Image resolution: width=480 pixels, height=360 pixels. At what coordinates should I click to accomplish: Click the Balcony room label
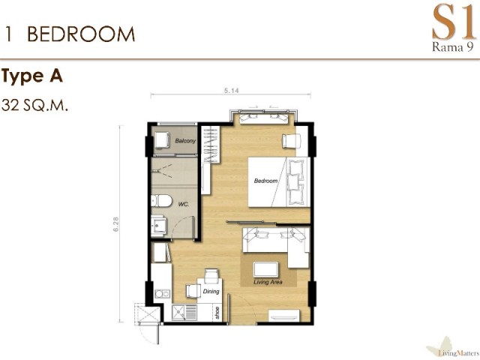(185, 141)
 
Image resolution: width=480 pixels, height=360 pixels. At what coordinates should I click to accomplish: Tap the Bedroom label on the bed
(265, 181)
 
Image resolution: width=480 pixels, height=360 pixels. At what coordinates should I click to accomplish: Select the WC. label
(183, 204)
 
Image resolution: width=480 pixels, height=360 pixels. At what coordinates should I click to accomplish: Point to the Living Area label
(268, 282)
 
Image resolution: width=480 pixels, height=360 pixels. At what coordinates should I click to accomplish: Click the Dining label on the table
(211, 291)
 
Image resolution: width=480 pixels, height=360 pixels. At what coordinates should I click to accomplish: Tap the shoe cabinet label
(217, 313)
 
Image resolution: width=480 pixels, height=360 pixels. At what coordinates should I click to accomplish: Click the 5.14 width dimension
(232, 91)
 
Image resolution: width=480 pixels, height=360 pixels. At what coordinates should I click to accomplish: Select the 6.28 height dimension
(115, 224)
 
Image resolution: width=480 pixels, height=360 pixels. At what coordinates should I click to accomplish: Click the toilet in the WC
(158, 201)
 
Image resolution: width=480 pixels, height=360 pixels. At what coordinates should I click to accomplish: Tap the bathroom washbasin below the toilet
(158, 225)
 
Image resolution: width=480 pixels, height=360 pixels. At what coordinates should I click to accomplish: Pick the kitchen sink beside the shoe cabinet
(184, 313)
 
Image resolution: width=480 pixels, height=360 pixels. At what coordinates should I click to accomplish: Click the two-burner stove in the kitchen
(162, 294)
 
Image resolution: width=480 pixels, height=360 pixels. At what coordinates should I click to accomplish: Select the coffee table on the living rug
(266, 269)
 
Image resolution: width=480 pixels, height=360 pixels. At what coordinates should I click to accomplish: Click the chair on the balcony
(162, 140)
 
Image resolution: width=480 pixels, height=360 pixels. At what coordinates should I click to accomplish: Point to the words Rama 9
(453, 46)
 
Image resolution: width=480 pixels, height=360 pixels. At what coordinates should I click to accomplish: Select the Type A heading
(32, 76)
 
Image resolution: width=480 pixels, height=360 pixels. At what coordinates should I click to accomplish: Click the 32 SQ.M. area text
(34, 105)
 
